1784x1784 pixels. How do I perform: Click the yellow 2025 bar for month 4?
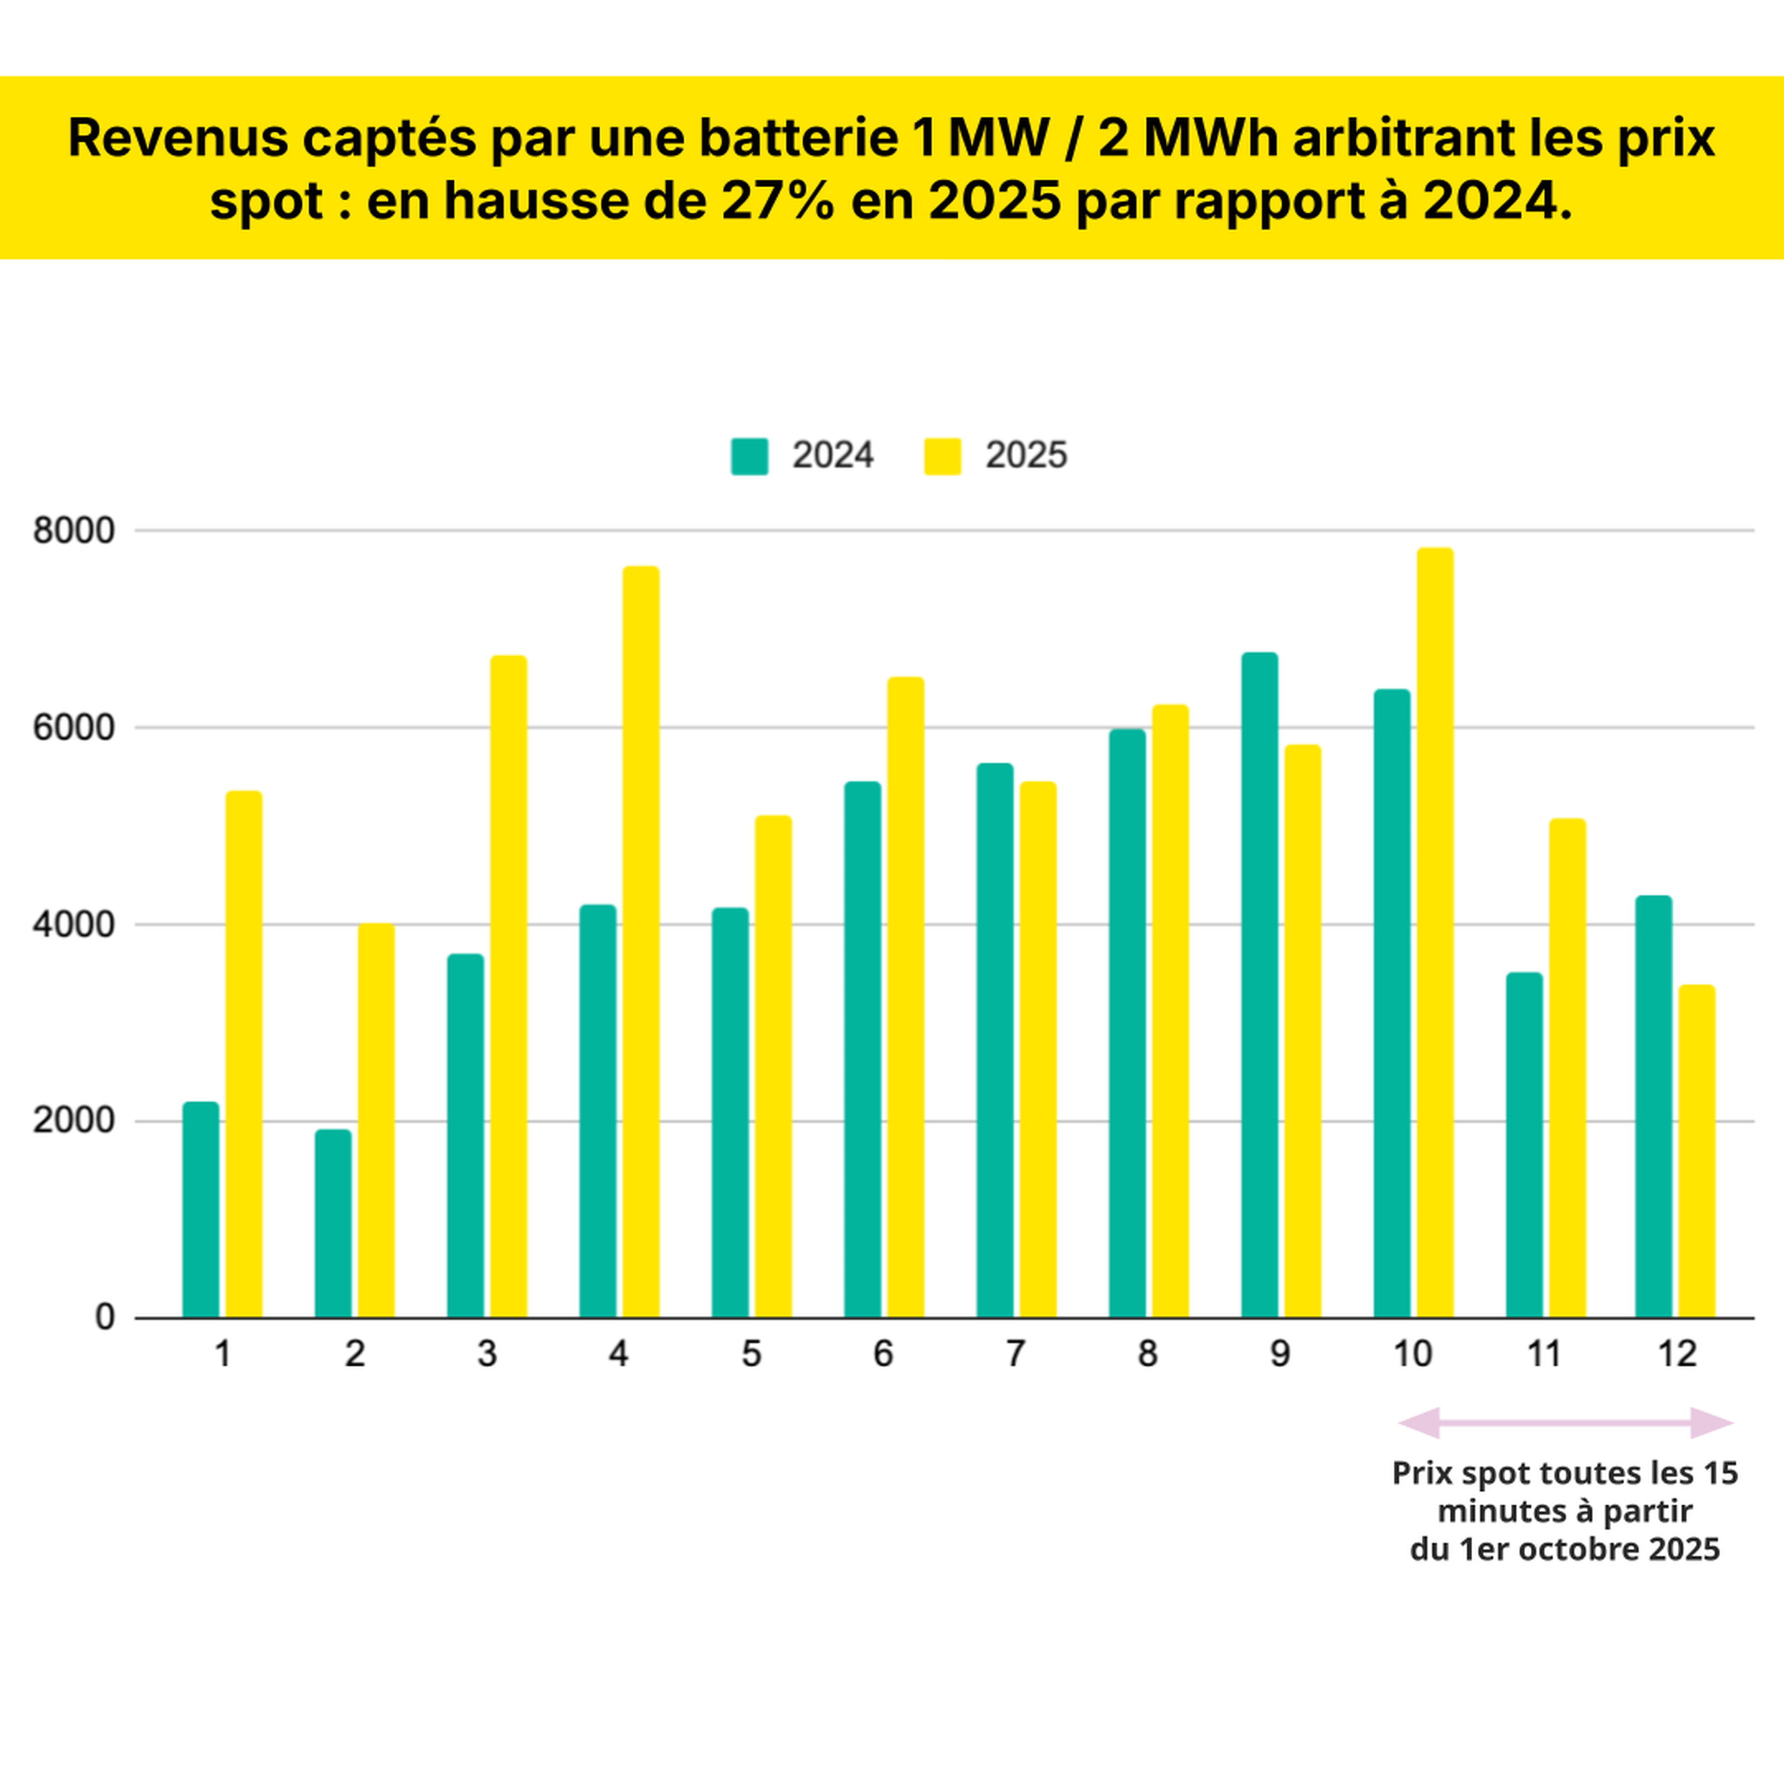641,942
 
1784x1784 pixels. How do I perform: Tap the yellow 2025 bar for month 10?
1435,932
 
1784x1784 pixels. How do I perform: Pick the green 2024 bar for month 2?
334,1224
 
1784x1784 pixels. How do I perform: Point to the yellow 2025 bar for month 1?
244,1055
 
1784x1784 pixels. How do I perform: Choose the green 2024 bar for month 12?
1653,1106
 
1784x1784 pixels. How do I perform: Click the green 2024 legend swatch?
749,456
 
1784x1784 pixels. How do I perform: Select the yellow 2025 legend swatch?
942,456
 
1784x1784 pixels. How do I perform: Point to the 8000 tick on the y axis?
74,531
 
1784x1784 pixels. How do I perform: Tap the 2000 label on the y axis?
74,1121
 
